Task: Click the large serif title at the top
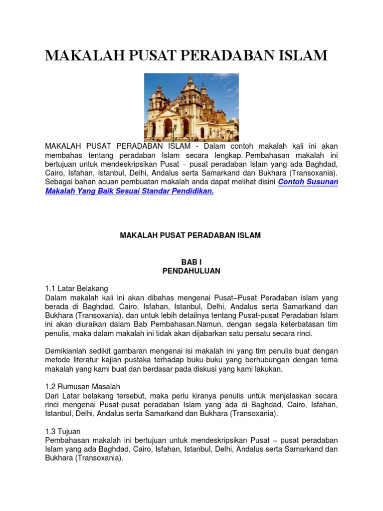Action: tap(186, 55)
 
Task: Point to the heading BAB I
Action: tap(191, 261)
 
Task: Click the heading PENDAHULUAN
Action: tap(191, 271)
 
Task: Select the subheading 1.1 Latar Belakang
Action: tap(76, 288)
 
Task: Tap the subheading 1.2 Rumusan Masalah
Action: tap(82, 387)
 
